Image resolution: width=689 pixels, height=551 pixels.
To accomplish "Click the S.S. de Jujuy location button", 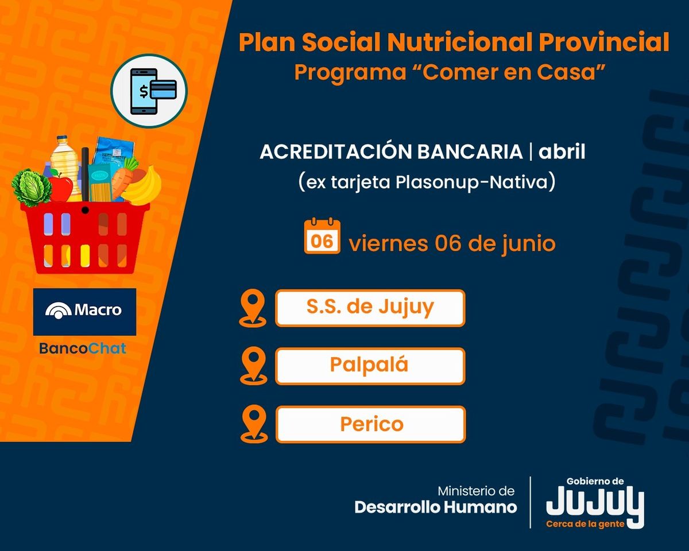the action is [x=370, y=308].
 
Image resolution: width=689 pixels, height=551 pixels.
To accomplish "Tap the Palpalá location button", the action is [x=370, y=366].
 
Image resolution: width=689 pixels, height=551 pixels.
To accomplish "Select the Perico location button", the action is [x=370, y=424].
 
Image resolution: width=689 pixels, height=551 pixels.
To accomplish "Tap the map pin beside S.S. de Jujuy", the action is [x=253, y=308].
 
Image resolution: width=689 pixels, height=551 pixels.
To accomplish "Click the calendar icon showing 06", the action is [x=322, y=236].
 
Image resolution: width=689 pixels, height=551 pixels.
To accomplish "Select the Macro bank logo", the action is [x=84, y=312].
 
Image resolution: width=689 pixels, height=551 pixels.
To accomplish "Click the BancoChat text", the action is [x=83, y=348].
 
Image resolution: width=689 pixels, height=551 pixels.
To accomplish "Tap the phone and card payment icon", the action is [x=149, y=91].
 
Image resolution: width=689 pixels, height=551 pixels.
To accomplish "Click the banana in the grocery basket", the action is [x=143, y=187].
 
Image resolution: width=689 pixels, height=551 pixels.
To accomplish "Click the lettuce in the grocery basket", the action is [x=31, y=188].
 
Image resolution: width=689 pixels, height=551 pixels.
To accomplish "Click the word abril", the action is [x=562, y=152].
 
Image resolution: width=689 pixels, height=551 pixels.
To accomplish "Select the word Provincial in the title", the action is [x=604, y=42].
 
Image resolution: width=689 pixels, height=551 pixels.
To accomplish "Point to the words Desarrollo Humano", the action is [x=436, y=507].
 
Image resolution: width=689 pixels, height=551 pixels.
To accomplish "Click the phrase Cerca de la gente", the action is [x=585, y=524].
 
